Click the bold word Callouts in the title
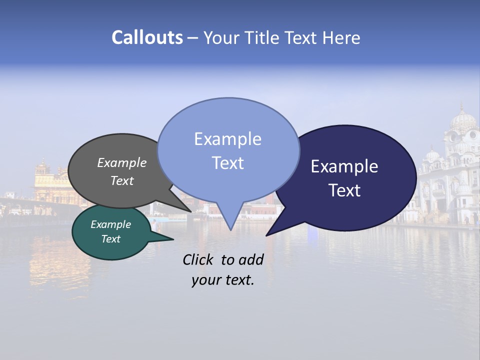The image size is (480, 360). pos(147,37)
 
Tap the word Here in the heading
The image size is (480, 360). pos(341,37)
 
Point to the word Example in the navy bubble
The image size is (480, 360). pos(344,166)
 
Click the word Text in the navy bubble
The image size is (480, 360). pos(345,190)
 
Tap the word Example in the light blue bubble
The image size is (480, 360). pos(227,139)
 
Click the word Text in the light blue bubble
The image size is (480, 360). pos(227,163)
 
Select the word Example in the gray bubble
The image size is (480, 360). pos(121,163)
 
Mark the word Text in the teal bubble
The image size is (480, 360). pos(110,239)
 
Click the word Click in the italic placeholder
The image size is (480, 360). pos(198,259)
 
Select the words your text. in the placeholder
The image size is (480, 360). pos(222,280)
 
